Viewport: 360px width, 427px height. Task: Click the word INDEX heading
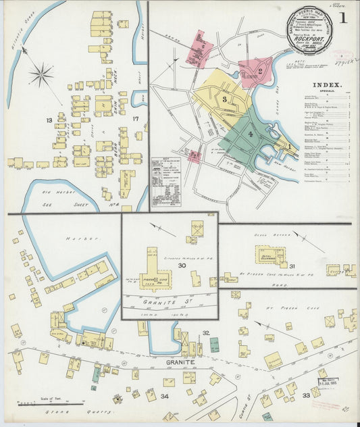pyautogui.click(x=327, y=86)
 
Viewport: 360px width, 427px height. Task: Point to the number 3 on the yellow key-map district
pyautogui.click(x=224, y=100)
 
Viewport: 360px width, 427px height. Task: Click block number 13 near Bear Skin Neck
pyautogui.click(x=49, y=120)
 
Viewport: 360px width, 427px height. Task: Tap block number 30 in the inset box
pyautogui.click(x=182, y=266)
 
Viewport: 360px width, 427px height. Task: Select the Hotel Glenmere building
pyautogui.click(x=269, y=255)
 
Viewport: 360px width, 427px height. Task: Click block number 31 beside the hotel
pyautogui.click(x=292, y=266)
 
